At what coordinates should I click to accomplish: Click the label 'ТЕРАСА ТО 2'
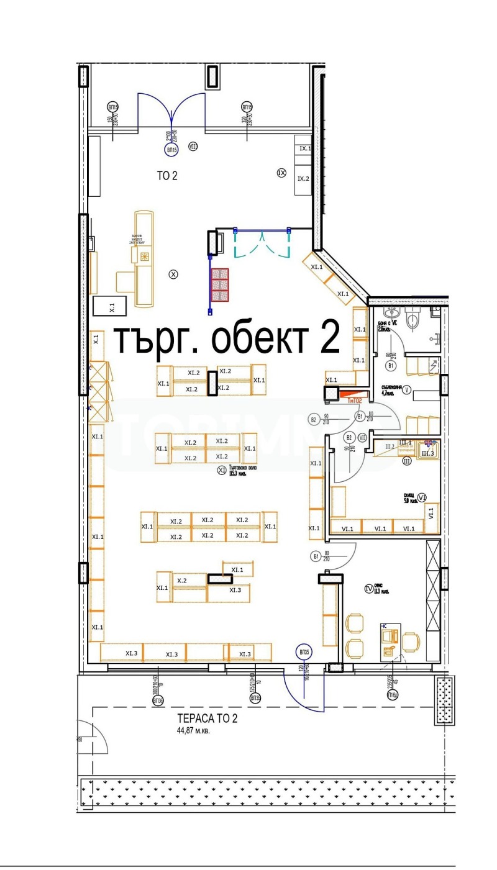click(207, 719)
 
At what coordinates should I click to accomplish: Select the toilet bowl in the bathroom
click(413, 320)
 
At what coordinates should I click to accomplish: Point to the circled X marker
click(173, 274)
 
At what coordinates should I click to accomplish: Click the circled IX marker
click(281, 173)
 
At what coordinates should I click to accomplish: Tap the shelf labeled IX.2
click(303, 179)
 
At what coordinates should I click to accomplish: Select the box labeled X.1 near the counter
click(112, 306)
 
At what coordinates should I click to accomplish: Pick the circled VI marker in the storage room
click(422, 497)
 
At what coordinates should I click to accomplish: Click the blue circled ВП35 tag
click(304, 653)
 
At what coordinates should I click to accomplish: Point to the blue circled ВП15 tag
click(171, 150)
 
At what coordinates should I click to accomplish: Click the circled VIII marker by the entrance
click(193, 147)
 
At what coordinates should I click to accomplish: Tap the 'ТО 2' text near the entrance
click(166, 176)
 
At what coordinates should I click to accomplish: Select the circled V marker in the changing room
click(407, 390)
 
